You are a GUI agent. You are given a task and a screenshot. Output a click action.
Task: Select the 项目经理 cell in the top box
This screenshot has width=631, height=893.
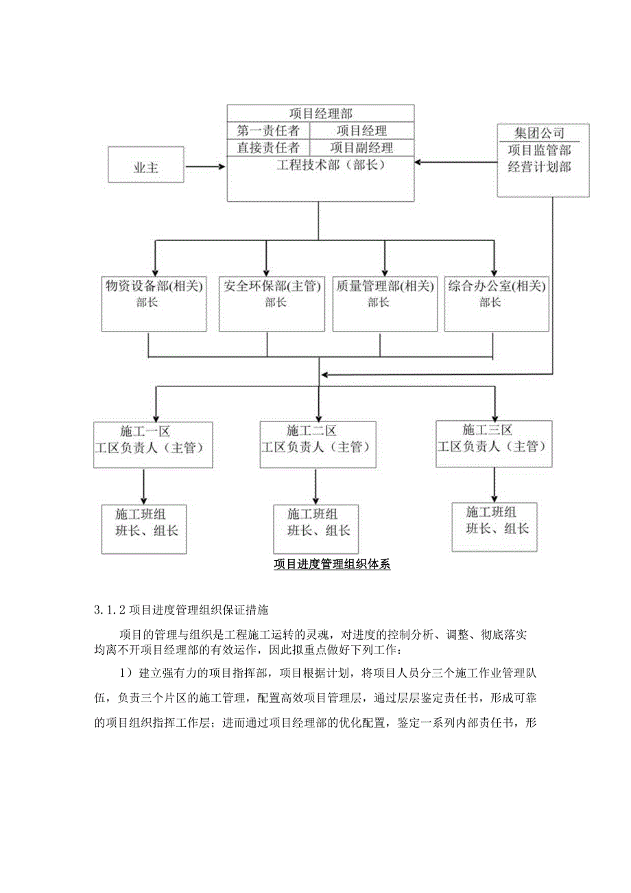click(x=361, y=130)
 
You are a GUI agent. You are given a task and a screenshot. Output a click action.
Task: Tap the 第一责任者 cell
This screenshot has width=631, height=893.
click(x=268, y=130)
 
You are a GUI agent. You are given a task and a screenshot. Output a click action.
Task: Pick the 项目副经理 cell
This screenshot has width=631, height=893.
click(x=361, y=148)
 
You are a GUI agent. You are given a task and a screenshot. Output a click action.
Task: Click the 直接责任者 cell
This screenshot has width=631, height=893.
click(x=268, y=148)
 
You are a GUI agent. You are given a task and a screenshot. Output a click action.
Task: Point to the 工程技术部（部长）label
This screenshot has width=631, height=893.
click(x=320, y=165)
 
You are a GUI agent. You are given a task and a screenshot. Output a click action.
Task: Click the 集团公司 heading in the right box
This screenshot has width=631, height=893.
click(x=540, y=132)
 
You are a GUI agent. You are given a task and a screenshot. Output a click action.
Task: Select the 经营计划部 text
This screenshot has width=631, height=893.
click(x=540, y=167)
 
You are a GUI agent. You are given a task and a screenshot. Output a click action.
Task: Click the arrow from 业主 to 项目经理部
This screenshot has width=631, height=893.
click(x=205, y=165)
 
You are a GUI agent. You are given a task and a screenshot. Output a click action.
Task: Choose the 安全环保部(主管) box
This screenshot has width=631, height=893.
click(x=271, y=303)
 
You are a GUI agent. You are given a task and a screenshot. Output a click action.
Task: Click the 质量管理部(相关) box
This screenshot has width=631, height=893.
click(x=384, y=303)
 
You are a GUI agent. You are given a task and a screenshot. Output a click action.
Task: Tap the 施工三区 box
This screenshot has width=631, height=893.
click(x=493, y=443)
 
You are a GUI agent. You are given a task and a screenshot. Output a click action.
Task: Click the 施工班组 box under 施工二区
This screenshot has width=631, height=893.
click(x=315, y=529)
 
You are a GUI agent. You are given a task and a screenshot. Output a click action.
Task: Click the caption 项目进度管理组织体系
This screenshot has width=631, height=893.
click(x=332, y=565)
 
